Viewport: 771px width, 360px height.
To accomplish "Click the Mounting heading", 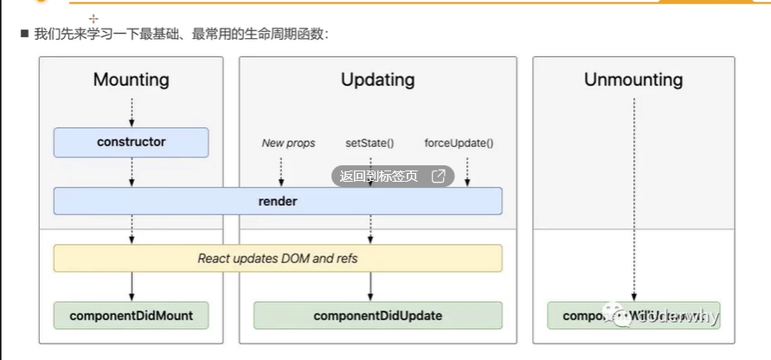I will tap(132, 80).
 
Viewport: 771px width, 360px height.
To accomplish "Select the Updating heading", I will tap(377, 80).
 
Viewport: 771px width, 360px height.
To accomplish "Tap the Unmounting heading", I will tap(633, 80).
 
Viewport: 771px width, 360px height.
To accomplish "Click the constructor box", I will tap(132, 142).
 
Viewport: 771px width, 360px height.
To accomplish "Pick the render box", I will tap(278, 201).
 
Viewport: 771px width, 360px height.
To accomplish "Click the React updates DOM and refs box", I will tap(278, 258).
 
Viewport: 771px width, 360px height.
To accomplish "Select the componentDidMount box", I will tap(132, 315).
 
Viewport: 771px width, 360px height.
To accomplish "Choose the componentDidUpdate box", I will tap(377, 315).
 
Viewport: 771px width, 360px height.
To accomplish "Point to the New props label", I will tap(288, 143).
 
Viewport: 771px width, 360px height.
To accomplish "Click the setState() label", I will tap(369, 143).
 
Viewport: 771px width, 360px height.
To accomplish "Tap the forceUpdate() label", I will tap(459, 143).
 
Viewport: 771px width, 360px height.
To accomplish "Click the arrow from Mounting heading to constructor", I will tap(132, 112).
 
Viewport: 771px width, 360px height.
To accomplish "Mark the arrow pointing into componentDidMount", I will tap(132, 286).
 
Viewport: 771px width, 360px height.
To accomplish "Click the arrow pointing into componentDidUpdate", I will tap(370, 286).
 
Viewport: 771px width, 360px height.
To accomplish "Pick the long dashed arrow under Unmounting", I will tap(634, 199).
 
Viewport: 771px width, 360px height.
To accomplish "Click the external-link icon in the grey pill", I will tap(439, 177).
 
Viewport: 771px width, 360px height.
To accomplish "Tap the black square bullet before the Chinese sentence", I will tap(24, 34).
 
